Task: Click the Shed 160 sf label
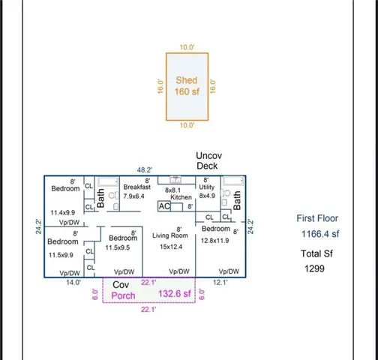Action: [x=187, y=86]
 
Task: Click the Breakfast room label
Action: [x=137, y=187]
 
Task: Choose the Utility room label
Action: [x=207, y=187]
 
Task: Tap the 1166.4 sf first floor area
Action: [x=320, y=234]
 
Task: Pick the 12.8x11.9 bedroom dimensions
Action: [x=214, y=240]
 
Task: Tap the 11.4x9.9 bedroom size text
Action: [x=64, y=213]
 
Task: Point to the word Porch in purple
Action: [x=123, y=295]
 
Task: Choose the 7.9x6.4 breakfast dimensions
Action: [x=137, y=196]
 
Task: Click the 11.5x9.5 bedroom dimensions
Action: [x=118, y=247]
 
